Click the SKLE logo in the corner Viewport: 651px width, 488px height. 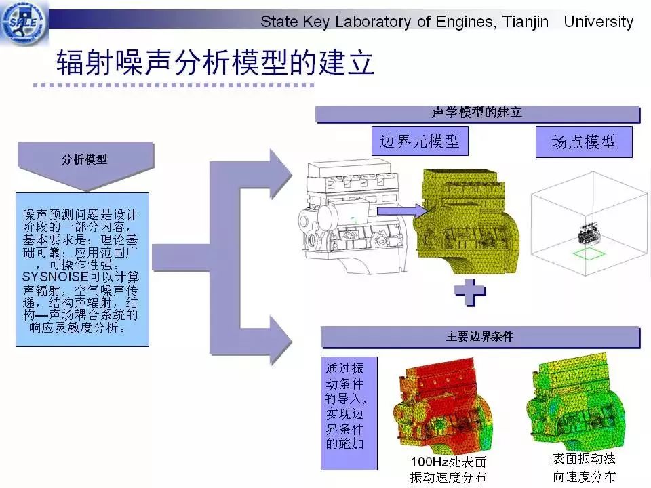pos(24,22)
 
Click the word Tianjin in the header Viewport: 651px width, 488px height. pos(526,22)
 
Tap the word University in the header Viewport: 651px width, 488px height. pos(599,22)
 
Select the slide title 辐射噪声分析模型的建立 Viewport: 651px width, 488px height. pos(215,62)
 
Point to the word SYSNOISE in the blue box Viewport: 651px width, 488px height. pos(55,277)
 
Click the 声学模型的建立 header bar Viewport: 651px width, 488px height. pos(477,114)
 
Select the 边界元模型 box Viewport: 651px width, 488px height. pos(420,142)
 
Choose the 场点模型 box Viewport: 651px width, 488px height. pos(584,142)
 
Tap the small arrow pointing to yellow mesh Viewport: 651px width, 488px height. pos(402,211)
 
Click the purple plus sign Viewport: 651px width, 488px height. pos(470,293)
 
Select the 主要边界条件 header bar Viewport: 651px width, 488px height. pos(480,337)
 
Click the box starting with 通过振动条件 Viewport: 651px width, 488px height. pos(349,413)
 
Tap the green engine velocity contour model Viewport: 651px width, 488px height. pos(576,401)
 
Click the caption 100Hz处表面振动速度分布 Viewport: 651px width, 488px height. pos(448,470)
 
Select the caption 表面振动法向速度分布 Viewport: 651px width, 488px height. pos(584,468)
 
